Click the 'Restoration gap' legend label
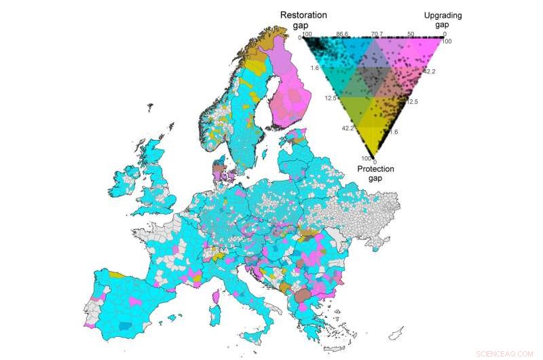click(303, 20)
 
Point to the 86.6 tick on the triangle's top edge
click(342, 33)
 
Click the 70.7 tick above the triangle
click(378, 33)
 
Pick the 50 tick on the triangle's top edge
click(411, 33)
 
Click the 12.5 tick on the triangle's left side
click(331, 98)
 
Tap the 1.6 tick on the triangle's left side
click(316, 69)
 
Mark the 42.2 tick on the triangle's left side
click(348, 128)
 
